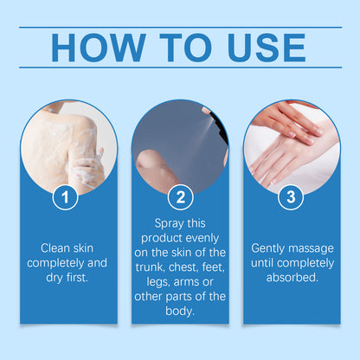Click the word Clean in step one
[43, 246]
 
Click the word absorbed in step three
[292, 277]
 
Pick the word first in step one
[81, 277]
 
